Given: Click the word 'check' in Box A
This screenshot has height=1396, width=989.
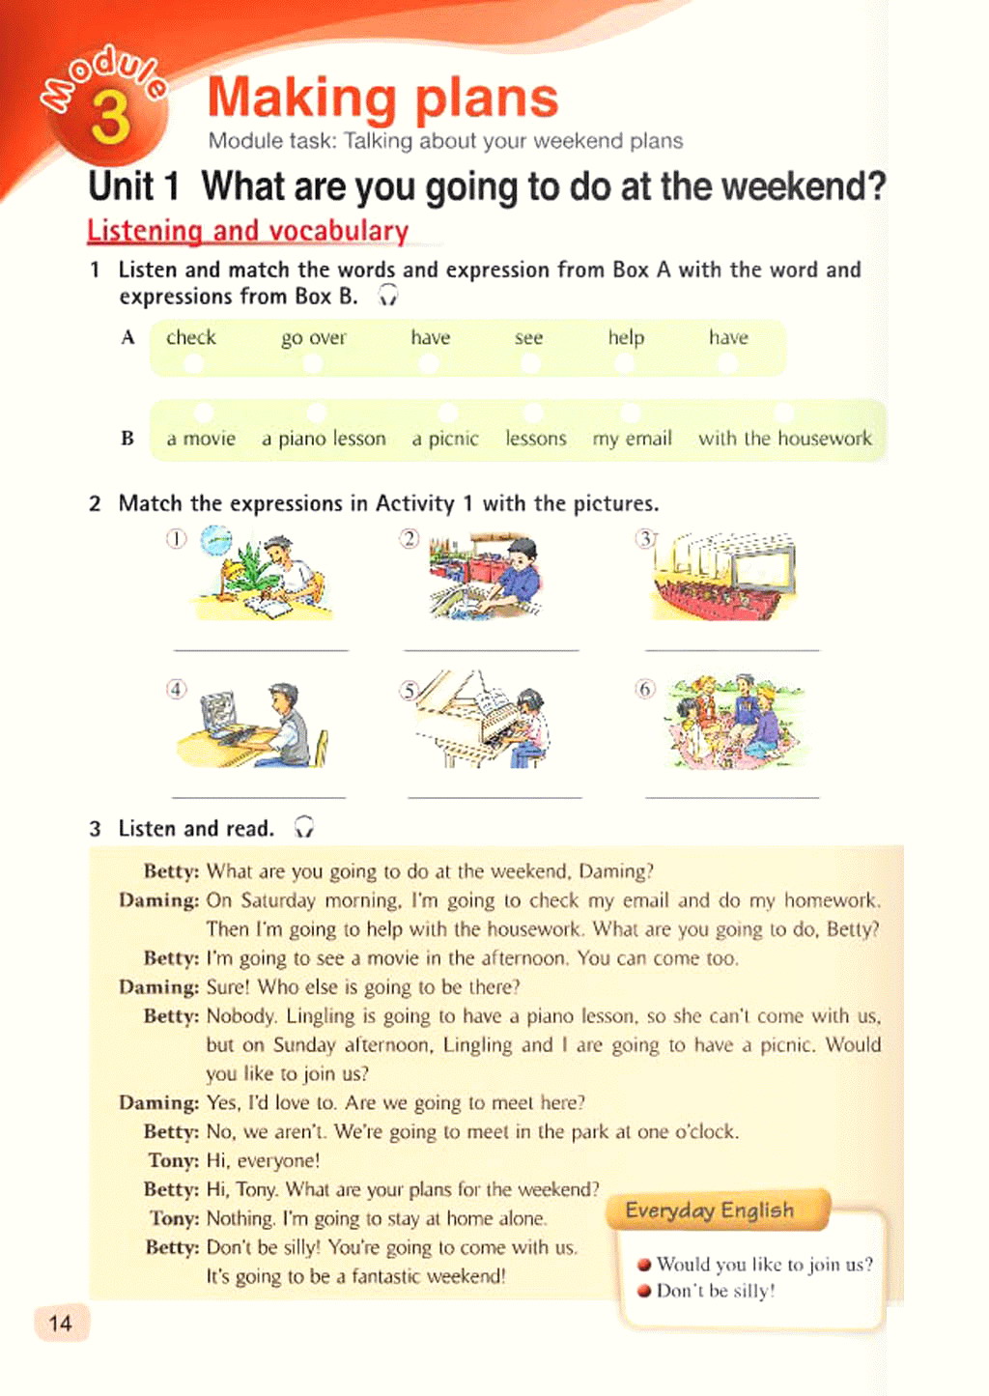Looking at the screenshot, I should tap(190, 338).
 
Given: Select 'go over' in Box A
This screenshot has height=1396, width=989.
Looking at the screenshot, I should tap(313, 338).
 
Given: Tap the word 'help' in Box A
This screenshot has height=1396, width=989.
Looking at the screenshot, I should tap(626, 338).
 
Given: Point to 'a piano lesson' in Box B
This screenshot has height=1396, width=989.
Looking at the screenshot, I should tap(324, 439).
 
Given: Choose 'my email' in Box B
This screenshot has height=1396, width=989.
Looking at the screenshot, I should tap(632, 439).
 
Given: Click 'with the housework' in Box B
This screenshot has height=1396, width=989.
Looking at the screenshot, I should tap(784, 439).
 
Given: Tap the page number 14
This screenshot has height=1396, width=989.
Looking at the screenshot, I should tap(60, 1323).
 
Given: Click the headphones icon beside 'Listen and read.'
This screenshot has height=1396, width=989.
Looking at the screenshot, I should tap(303, 827).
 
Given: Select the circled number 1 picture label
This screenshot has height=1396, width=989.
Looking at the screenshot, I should tap(176, 538).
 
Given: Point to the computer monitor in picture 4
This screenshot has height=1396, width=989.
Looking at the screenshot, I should tap(220, 713).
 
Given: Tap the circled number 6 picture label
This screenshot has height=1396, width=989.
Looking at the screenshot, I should tap(645, 689).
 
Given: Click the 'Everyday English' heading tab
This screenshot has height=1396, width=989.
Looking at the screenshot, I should tap(710, 1211).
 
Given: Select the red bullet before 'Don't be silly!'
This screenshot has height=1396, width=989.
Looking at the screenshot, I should tap(643, 1291).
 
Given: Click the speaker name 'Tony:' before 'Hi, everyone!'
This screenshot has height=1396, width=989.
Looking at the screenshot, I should tap(173, 1160).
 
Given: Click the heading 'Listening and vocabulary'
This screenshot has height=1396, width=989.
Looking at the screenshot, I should tap(247, 231).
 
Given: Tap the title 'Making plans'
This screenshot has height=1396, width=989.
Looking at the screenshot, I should tap(382, 99).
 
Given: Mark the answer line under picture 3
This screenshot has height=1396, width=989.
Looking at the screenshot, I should tap(731, 650).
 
